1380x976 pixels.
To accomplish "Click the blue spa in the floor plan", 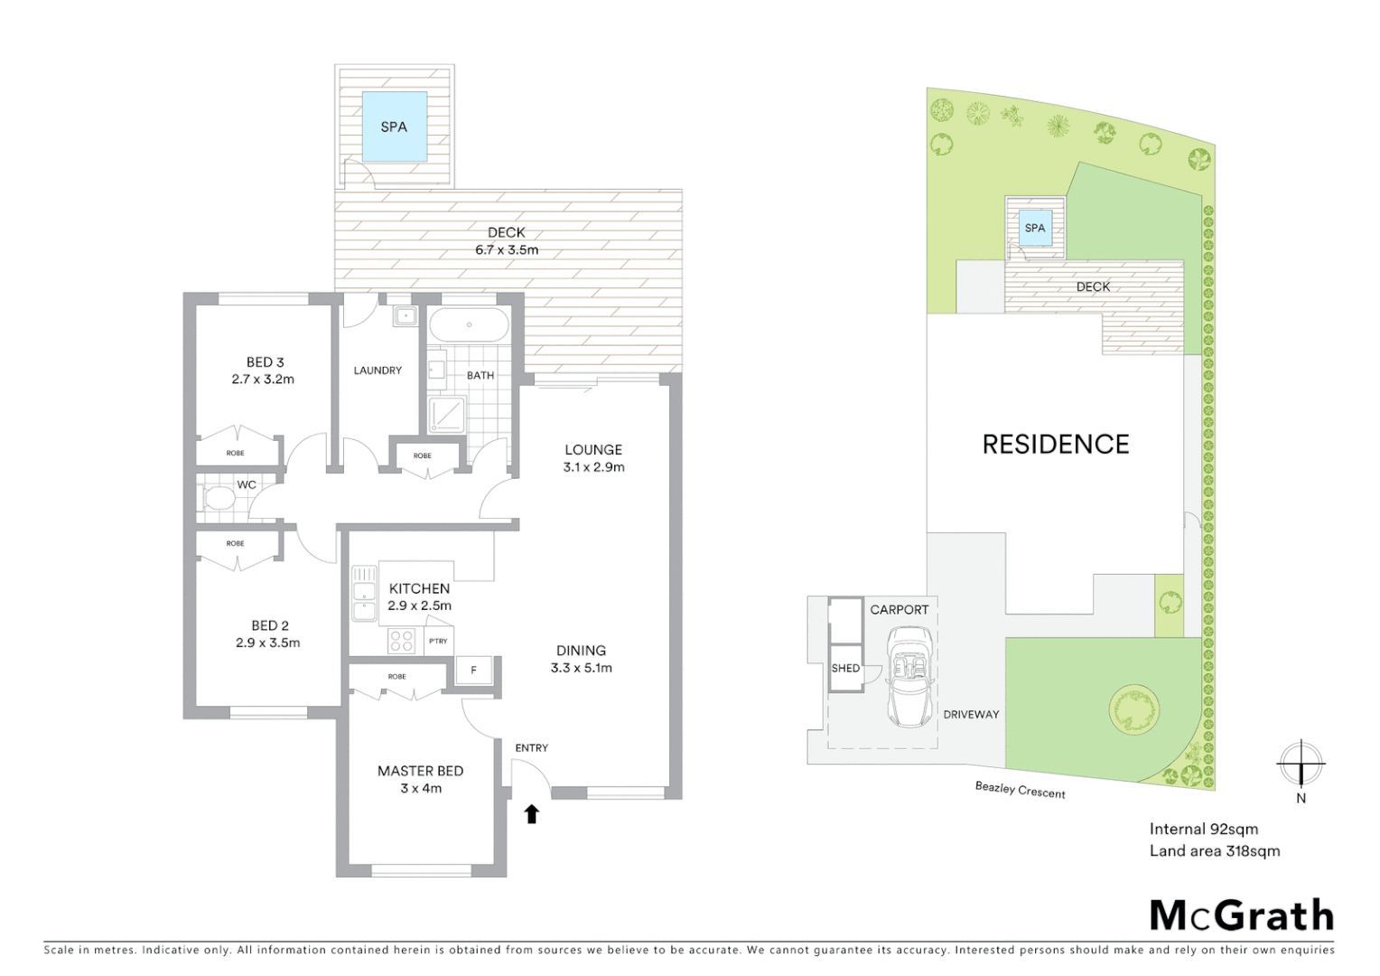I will click(394, 127).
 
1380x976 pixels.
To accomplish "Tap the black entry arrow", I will click(532, 814).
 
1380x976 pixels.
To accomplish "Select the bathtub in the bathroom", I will click(469, 324).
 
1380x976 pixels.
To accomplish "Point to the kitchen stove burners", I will click(401, 641).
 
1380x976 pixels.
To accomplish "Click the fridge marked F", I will click(473, 670).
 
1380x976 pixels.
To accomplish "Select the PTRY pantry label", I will click(438, 641).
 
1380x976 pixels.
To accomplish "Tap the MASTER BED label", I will click(420, 771).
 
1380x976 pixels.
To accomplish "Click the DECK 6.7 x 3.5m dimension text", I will click(507, 249).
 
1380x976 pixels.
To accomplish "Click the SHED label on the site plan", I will click(845, 668).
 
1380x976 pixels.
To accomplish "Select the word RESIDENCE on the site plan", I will click(1056, 444).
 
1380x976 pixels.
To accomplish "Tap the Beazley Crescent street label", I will click(1020, 790).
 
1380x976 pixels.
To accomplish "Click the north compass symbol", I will click(1301, 765).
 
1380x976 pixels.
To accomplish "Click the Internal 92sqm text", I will click(1203, 829).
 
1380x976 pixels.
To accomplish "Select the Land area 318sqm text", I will click(1214, 850).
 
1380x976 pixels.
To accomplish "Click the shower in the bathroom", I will click(447, 415).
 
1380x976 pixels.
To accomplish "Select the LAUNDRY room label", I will click(378, 371).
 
